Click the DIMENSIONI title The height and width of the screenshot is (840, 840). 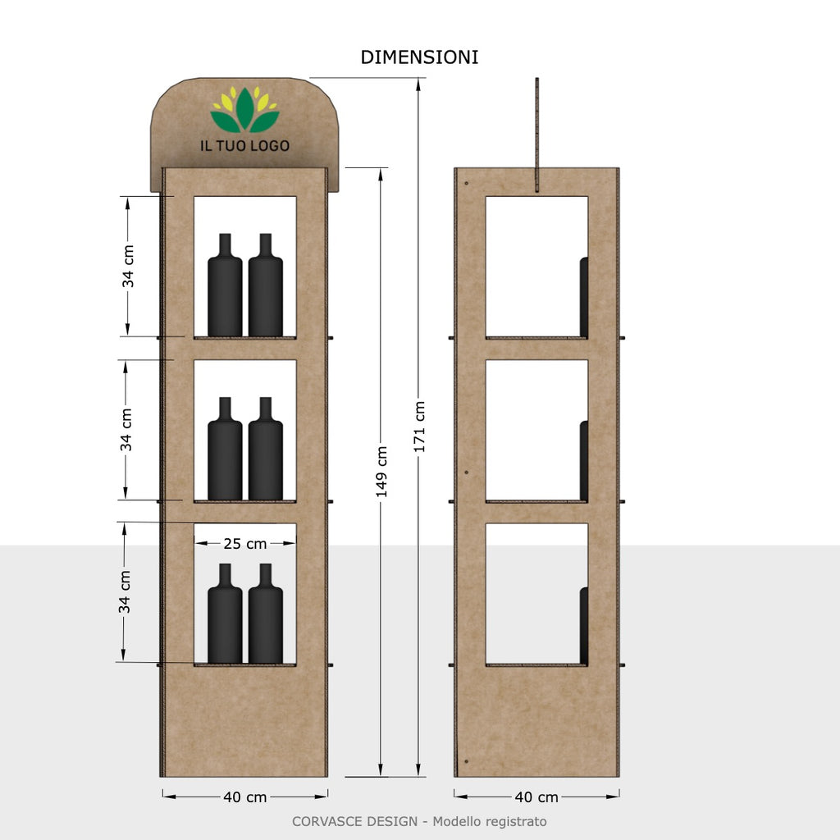419,57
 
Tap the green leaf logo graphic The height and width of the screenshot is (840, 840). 244,111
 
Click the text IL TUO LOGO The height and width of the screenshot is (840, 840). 244,146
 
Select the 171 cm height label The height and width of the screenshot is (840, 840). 419,427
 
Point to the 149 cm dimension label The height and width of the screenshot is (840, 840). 381,472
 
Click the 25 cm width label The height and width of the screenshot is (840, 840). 244,543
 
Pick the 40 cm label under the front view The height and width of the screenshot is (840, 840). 244,797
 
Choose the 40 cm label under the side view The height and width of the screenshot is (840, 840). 536,797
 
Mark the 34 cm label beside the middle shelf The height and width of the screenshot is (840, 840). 126,430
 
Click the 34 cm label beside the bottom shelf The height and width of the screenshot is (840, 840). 125,592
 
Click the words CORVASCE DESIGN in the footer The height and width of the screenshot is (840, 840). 355,821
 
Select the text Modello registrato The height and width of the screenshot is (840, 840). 490,821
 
